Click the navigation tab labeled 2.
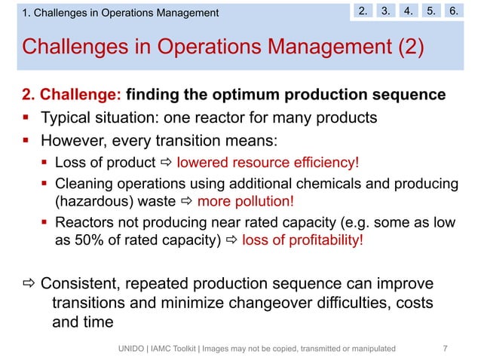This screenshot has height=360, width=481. click(x=364, y=11)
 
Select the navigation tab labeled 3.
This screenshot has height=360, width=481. click(x=387, y=11)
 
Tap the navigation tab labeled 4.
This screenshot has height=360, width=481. click(x=409, y=11)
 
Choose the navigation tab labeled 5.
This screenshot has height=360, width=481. click(x=433, y=11)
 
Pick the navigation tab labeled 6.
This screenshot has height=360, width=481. click(x=455, y=11)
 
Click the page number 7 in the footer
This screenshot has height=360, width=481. click(x=446, y=348)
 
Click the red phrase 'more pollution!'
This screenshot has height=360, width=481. click(x=245, y=201)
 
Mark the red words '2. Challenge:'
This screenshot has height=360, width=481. click(x=72, y=96)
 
